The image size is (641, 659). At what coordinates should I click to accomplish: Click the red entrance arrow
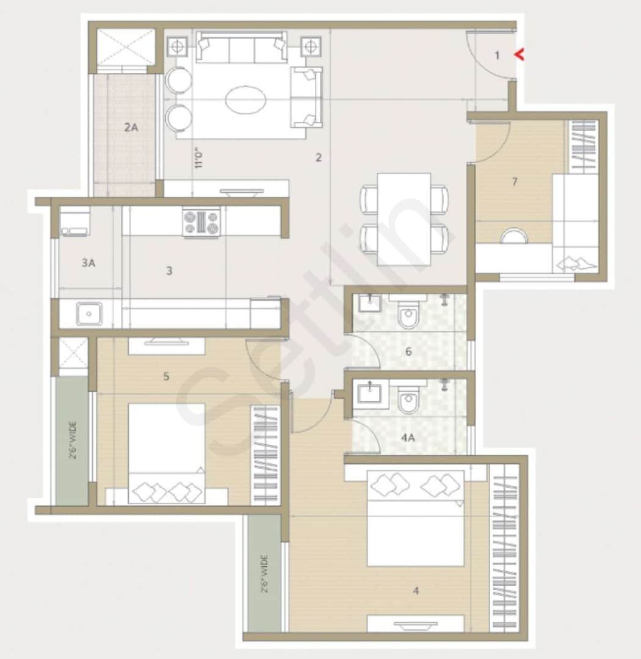pyautogui.click(x=520, y=55)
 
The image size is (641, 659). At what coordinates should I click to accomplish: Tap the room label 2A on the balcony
pyautogui.click(x=131, y=128)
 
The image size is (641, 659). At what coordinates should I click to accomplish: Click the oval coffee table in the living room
pyautogui.click(x=245, y=99)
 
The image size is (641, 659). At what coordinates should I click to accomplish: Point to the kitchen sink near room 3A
pyautogui.click(x=89, y=314)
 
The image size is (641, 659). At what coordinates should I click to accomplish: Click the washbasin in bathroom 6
pyautogui.click(x=369, y=304)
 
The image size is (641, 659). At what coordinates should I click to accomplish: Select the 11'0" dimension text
pyautogui.click(x=198, y=157)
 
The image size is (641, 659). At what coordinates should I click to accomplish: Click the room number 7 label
pyautogui.click(x=515, y=181)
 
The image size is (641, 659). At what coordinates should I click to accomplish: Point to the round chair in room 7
pyautogui.click(x=514, y=236)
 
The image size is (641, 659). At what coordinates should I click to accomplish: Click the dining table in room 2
pyautogui.click(x=404, y=218)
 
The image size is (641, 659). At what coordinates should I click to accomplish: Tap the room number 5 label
pyautogui.click(x=166, y=376)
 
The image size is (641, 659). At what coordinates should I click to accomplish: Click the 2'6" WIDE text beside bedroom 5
pyautogui.click(x=72, y=439)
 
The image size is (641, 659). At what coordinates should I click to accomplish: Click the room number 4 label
pyautogui.click(x=416, y=590)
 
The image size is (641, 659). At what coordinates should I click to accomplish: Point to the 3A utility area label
pyautogui.click(x=88, y=263)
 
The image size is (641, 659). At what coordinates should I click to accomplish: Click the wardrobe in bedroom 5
pyautogui.click(x=266, y=455)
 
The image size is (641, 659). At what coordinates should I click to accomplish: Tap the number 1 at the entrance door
pyautogui.click(x=497, y=56)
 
